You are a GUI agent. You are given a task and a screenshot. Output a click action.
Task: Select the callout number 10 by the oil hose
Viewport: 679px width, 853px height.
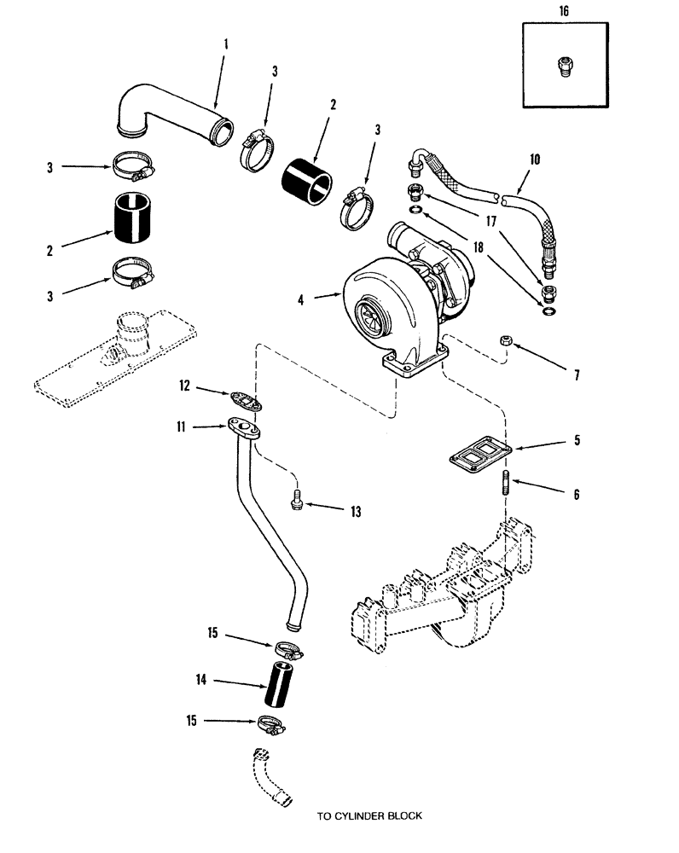pos(535,160)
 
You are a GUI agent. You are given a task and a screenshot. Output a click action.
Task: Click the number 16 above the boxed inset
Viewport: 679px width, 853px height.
pos(564,11)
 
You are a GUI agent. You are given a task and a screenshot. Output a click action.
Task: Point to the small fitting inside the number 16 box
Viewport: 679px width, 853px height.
pos(563,67)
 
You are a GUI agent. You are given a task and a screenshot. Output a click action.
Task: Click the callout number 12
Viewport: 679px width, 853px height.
pos(185,386)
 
